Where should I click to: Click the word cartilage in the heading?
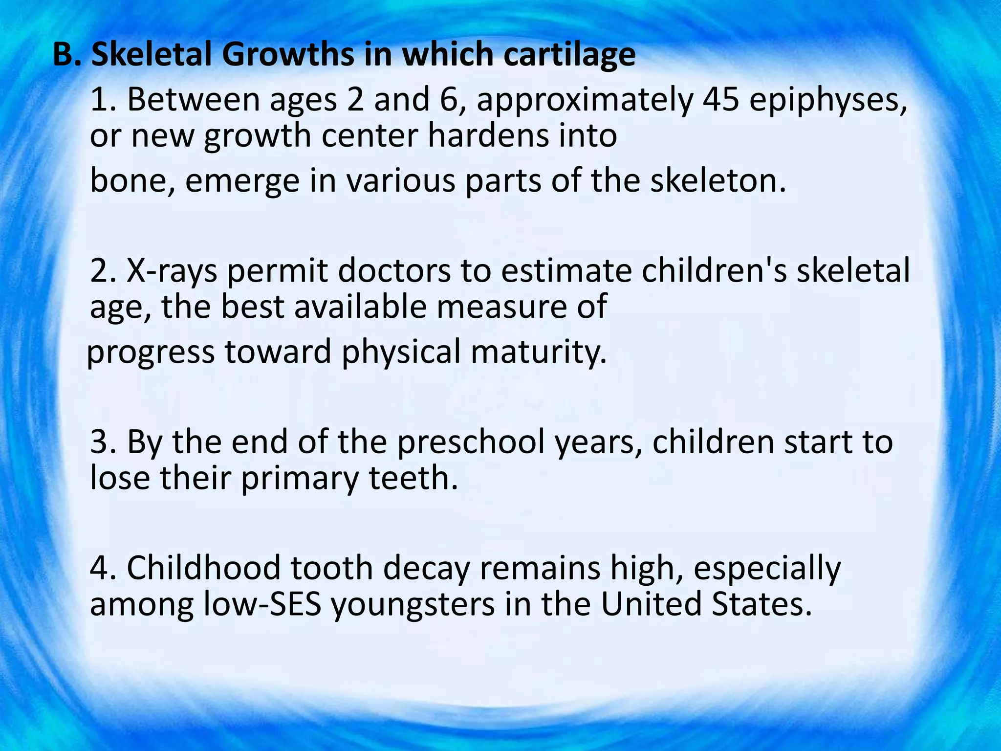point(569,55)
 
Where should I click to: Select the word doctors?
point(394,270)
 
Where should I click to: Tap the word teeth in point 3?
point(413,478)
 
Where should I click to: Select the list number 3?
point(102,442)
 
